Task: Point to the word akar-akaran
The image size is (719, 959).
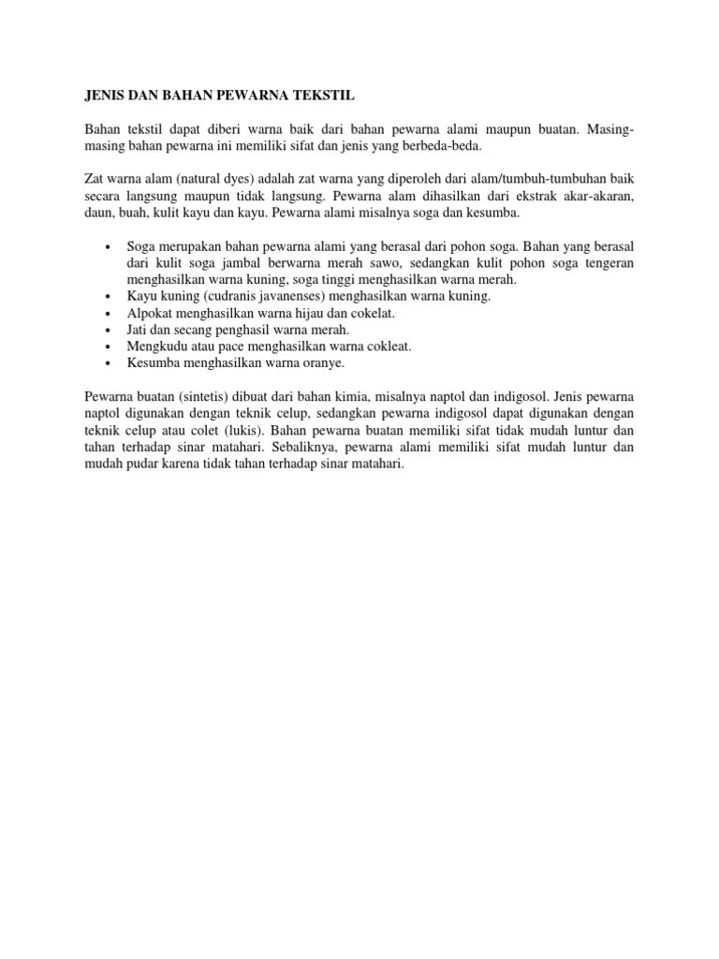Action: [598, 196]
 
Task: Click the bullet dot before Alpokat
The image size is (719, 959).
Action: [110, 313]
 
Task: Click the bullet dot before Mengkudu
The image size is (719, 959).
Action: [110, 347]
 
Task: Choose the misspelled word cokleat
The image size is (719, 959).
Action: [389, 347]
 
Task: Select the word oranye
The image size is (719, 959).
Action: [323, 362]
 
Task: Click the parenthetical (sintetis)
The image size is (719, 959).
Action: [195, 396]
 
